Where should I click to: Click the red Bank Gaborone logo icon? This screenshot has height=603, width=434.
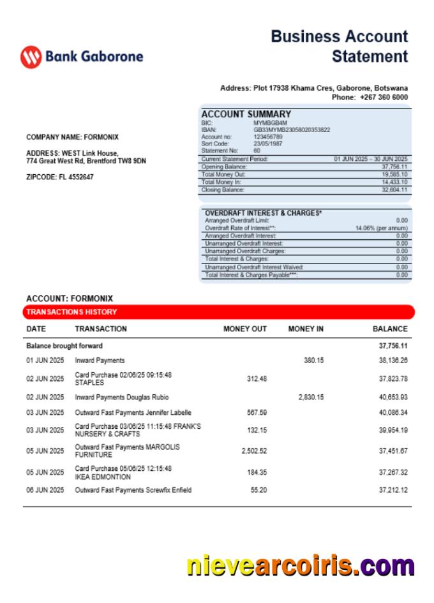pos(31,57)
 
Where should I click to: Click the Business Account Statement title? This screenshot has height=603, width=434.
pos(339,46)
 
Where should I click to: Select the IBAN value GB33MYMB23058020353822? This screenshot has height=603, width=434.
pos(292,130)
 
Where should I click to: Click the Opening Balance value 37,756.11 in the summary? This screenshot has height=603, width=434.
pos(394,167)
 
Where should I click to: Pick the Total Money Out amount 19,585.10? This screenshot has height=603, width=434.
pos(394,174)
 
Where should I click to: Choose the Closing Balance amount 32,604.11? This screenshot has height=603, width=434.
pos(394,190)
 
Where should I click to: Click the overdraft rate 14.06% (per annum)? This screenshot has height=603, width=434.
pos(381,228)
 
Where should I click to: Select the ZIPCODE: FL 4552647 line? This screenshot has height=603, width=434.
pos(59,177)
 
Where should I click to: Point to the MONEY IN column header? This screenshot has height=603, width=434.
pos(306,329)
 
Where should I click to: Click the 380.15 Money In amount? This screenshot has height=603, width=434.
pos(313,361)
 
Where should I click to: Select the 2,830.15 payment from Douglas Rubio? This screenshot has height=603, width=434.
pos(311,397)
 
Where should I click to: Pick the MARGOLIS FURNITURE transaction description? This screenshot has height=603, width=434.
pos(127,451)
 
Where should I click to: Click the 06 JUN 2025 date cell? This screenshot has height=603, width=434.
pos(45,490)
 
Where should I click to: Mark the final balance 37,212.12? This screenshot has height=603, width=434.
pos(393,490)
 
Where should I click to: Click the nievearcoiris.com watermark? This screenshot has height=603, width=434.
pos(300,566)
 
